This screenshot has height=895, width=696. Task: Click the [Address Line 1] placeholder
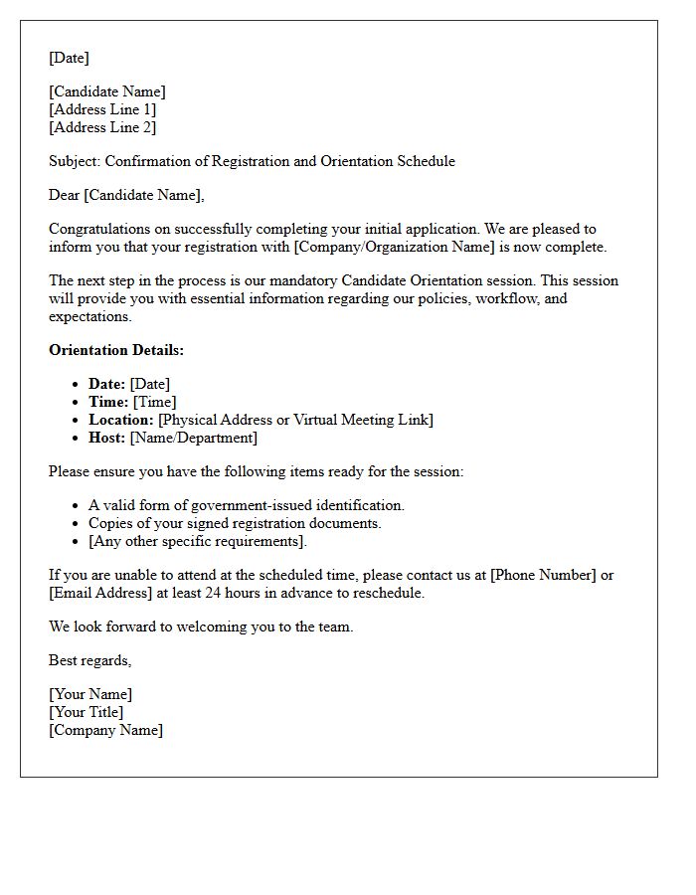click(x=102, y=109)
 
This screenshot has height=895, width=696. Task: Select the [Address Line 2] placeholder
click(x=102, y=127)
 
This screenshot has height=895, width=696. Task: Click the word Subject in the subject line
click(x=74, y=161)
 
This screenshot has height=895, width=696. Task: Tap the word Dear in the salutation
click(x=64, y=195)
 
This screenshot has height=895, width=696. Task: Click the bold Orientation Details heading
click(x=116, y=350)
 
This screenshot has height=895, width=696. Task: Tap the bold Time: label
click(x=108, y=402)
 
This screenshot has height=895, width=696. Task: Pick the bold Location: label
click(x=121, y=420)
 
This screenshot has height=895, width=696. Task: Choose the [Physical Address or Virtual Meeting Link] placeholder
click(x=296, y=420)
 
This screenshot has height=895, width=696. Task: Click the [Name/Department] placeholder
click(x=193, y=438)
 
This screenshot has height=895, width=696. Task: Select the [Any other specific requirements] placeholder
click(x=197, y=541)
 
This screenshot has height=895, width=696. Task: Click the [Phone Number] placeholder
click(x=545, y=575)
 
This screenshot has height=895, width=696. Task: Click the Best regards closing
click(x=89, y=660)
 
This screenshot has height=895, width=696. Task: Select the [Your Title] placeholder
click(x=87, y=712)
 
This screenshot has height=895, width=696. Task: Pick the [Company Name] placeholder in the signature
click(x=105, y=730)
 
